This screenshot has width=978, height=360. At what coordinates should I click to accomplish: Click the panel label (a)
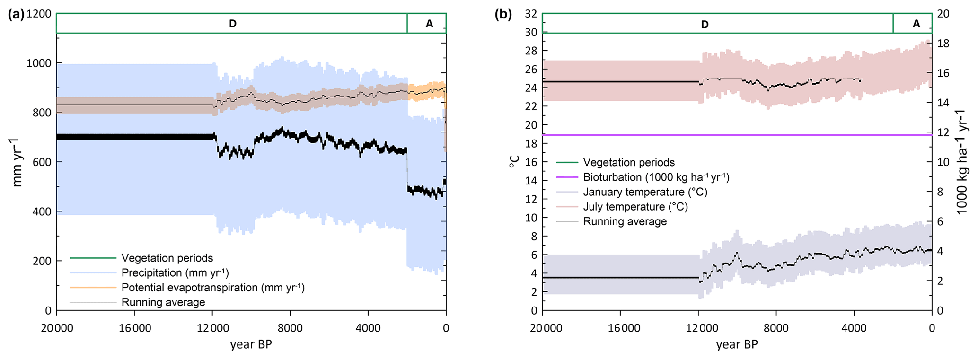tap(16, 14)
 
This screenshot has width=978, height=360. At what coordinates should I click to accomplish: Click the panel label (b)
tap(503, 14)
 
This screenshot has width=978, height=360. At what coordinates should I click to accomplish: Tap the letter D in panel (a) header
tap(232, 24)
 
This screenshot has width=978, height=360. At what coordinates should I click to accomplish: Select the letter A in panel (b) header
tap(916, 24)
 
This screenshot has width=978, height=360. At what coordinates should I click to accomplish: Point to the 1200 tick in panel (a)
tap(39, 14)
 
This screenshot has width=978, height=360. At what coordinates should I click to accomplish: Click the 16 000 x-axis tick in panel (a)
tap(134, 328)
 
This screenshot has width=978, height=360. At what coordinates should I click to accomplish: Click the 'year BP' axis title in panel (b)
tap(737, 344)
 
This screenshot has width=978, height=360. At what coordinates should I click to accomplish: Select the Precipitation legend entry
tap(175, 273)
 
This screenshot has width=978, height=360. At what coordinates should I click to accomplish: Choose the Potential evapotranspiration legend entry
tap(213, 288)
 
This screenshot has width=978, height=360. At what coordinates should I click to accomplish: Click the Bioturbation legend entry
tap(656, 177)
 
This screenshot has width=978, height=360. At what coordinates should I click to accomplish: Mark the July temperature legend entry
tap(635, 207)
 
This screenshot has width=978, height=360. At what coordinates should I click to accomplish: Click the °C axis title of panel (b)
tap(514, 162)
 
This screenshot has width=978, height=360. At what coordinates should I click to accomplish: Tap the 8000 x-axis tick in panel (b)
tap(776, 328)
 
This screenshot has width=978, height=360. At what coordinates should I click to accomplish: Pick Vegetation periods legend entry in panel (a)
tap(167, 258)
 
